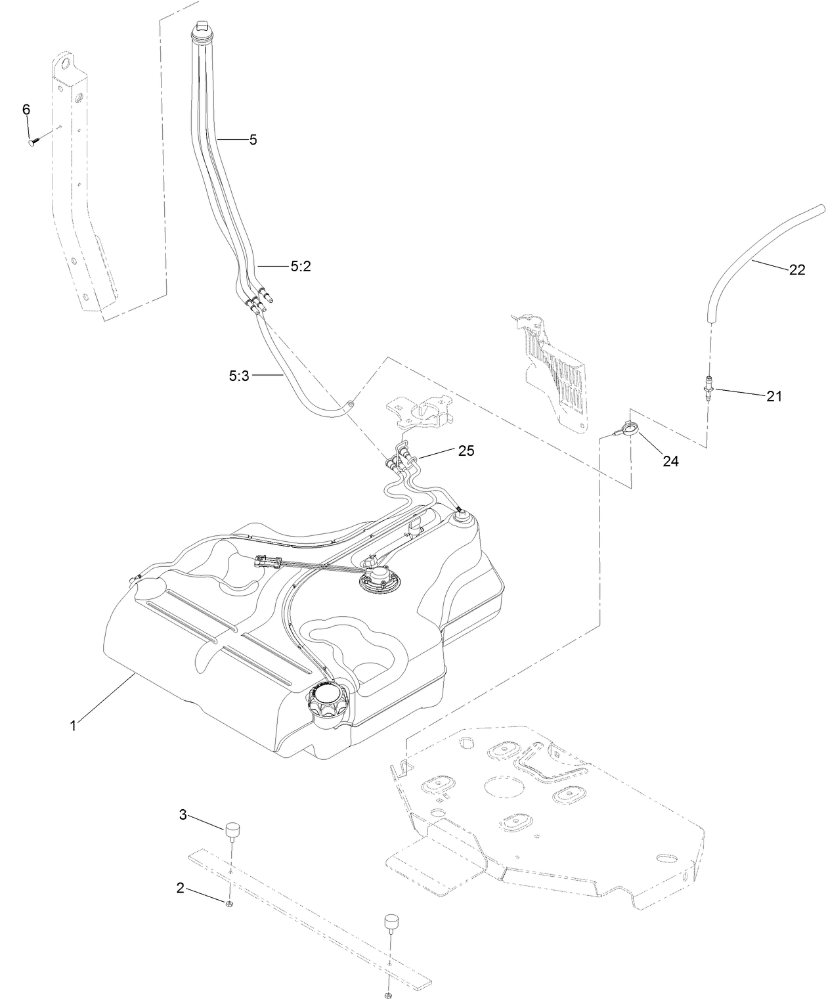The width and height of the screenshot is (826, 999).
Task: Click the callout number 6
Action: [x=26, y=110]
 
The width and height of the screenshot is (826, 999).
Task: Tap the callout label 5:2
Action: [x=301, y=267]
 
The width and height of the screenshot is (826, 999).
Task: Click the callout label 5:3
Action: [x=238, y=376]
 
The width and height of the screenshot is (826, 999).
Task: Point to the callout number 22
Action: [x=796, y=270]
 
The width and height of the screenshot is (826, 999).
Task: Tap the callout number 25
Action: [x=466, y=451]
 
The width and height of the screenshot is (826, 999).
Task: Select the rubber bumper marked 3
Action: [x=232, y=830]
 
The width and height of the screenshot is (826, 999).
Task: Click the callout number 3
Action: [x=183, y=815]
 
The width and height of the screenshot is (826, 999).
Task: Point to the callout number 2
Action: [x=180, y=889]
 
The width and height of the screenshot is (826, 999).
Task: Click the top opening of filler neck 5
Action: [x=203, y=26]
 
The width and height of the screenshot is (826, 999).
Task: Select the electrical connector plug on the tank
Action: [x=267, y=562]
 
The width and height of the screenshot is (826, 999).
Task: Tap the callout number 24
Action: [x=670, y=462]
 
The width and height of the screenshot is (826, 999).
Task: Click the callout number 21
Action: [x=774, y=397]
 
